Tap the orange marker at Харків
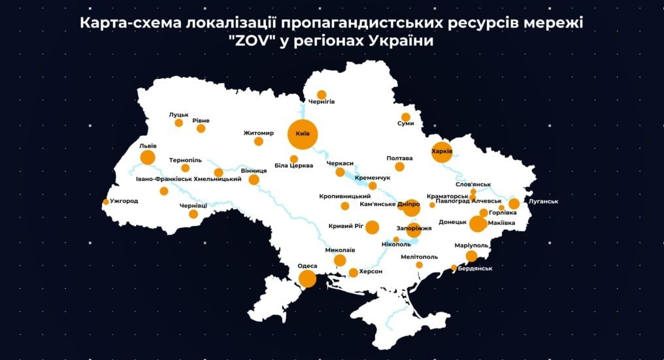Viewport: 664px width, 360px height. coord(442,152)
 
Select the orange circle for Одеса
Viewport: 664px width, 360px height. coord(307,279)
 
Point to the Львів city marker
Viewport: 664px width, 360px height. coord(148,157)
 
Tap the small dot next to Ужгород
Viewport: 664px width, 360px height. coord(106,202)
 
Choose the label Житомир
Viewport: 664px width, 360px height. coord(258,132)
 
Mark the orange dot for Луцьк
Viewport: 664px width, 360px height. coord(178,123)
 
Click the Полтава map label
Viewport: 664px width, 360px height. coord(399,158)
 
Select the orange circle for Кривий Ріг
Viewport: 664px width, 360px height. coord(372,227)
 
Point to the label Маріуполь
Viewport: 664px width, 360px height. coord(471,245)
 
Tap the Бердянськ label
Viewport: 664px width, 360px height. coord(475,268)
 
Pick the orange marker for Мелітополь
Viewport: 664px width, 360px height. coord(419,265)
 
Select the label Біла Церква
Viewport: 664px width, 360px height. coord(293,166)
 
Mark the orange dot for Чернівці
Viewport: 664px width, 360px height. coord(193,214)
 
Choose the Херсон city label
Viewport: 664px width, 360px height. coord(370,271)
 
